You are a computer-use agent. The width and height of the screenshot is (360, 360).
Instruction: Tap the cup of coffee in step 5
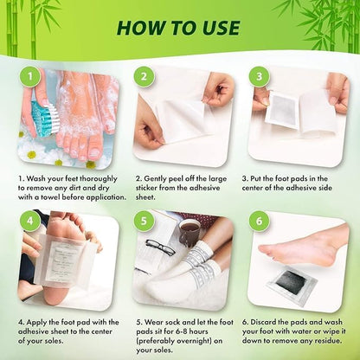(189, 231)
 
